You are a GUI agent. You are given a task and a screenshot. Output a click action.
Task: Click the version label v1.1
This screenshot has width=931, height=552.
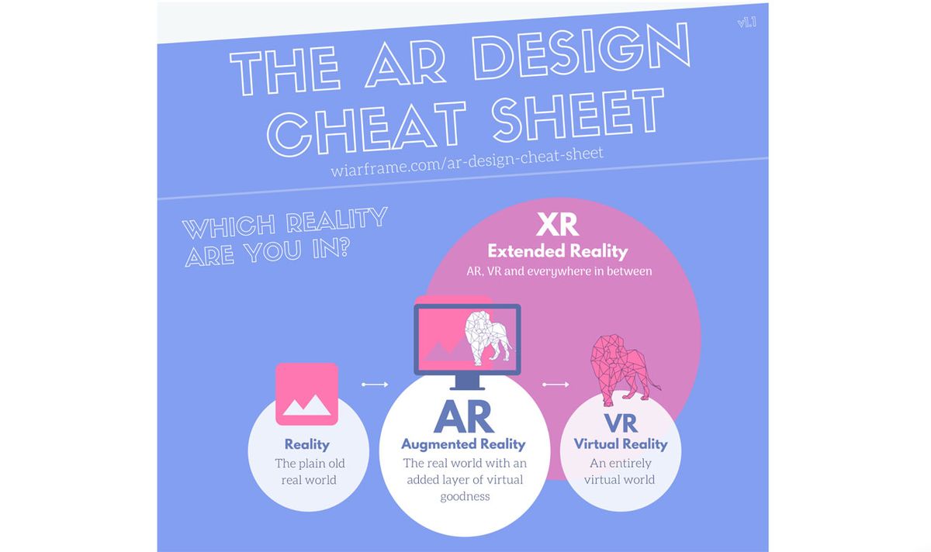747,22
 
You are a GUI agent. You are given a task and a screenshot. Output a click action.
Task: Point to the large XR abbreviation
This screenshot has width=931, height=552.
557,225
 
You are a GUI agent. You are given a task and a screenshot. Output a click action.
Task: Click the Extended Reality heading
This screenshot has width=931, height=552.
557,251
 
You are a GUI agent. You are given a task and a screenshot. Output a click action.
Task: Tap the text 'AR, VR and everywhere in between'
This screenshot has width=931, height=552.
559,272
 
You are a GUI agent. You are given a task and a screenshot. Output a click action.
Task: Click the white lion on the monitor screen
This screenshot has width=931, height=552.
487,339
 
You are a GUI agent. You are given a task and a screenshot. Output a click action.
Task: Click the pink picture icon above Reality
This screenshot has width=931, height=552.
306,394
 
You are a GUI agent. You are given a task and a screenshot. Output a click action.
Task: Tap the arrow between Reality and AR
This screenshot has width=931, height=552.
374,384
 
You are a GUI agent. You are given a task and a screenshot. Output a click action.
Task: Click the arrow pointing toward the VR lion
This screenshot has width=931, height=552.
555,384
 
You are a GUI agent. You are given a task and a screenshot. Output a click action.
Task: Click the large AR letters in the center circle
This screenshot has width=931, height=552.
463,417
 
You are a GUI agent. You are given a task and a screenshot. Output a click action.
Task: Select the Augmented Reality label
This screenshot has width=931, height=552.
463,445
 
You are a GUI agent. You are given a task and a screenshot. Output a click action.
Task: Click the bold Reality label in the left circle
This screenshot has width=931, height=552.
307,445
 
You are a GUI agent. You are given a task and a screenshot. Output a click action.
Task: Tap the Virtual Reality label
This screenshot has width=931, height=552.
621,444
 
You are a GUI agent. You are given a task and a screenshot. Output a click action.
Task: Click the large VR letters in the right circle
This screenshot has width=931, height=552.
620,423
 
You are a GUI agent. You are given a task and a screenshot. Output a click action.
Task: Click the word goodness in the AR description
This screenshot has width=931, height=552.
465,496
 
